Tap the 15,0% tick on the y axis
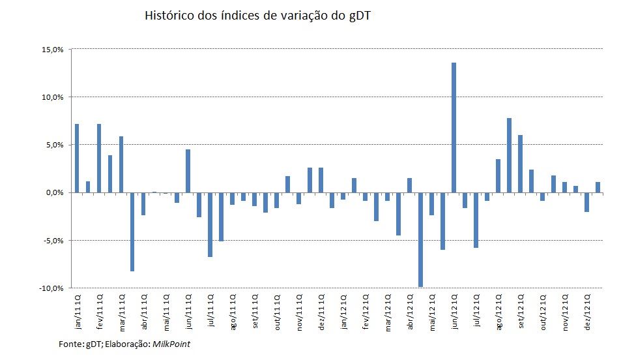point(53,50)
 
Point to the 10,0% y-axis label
point(53,97)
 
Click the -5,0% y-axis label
point(53,241)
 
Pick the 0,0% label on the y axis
point(55,192)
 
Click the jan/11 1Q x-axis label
point(78,310)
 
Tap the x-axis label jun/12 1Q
point(454,310)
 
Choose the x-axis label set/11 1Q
point(255,311)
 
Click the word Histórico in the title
point(167,16)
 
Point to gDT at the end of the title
point(360,16)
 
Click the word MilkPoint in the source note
point(172,343)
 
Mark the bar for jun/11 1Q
point(188,171)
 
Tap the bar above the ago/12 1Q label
point(498,175)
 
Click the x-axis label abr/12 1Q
point(410,311)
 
